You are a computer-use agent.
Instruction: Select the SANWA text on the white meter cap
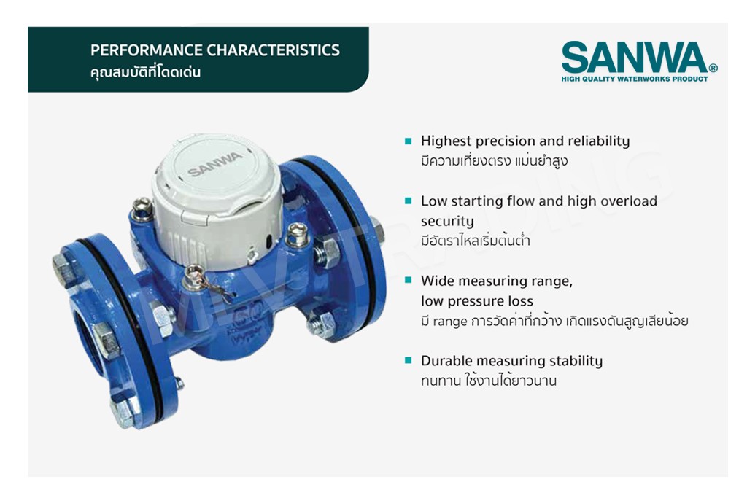tap(214, 164)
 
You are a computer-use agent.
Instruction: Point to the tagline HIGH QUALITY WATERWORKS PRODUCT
tap(635, 79)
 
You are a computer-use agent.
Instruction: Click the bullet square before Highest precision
tap(409, 141)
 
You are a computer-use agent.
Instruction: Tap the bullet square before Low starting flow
tap(409, 201)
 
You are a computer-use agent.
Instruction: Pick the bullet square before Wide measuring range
tap(409, 281)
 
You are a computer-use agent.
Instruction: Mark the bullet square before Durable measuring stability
tap(409, 360)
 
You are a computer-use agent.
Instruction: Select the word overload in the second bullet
tap(629, 201)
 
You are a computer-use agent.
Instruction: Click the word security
tap(447, 222)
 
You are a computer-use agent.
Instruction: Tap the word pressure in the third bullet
tap(477, 301)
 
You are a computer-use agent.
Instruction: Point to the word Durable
tap(446, 360)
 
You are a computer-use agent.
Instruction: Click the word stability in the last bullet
tap(576, 361)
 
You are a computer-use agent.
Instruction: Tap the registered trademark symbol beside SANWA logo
tap(713, 68)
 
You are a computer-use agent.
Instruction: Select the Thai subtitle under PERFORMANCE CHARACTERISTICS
tap(145, 72)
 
